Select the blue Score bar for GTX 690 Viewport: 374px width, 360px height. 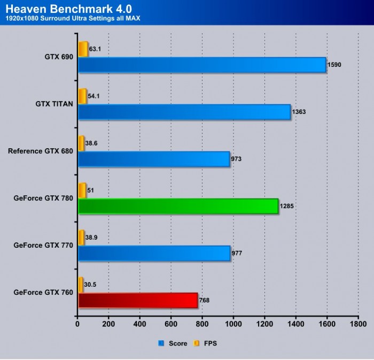point(202,65)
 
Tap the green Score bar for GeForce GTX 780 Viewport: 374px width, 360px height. point(178,206)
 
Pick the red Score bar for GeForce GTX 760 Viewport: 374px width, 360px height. point(138,300)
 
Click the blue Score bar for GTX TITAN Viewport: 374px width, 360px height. point(184,112)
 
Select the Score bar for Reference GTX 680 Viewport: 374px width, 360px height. point(154,159)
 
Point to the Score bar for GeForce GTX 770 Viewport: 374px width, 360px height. point(154,253)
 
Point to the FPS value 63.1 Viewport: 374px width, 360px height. point(95,49)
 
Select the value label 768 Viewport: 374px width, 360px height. point(205,301)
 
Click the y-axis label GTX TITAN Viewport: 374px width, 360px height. point(52,104)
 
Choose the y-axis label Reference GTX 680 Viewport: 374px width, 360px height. point(41,151)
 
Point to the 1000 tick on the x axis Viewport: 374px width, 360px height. point(233,324)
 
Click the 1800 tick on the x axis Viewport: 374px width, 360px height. point(358,324)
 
